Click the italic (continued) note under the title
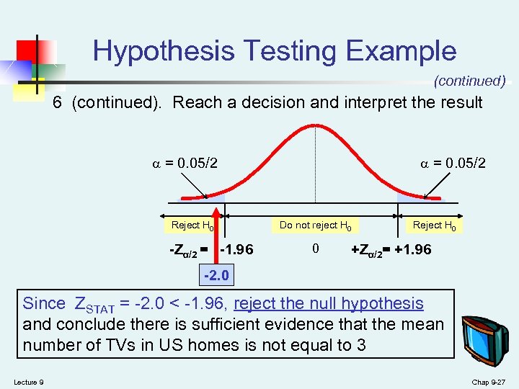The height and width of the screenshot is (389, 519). tap(469, 81)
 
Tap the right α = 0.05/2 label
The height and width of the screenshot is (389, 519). tap(453, 164)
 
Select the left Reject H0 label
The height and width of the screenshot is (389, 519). tap(192, 225)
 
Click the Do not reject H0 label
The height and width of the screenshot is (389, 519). tap(315, 225)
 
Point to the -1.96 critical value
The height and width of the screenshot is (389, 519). tap(236, 250)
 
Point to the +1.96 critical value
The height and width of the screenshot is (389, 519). tap(413, 250)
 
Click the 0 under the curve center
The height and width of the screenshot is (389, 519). tap(315, 249)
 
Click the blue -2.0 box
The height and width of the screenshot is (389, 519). tap(216, 275)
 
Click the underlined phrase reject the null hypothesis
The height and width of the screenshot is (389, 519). tap(329, 304)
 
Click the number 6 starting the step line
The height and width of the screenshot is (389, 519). tap(57, 103)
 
